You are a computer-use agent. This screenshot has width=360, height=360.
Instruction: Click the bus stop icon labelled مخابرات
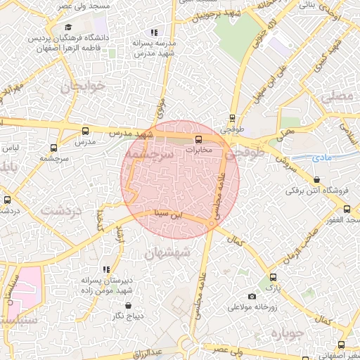click(x=198, y=139)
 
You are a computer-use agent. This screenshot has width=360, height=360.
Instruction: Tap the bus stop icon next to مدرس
click(x=86, y=131)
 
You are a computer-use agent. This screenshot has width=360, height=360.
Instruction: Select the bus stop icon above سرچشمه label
click(x=54, y=148)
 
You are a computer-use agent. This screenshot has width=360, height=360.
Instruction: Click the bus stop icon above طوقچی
click(x=233, y=118)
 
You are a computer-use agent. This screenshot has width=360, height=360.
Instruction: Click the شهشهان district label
click(x=167, y=253)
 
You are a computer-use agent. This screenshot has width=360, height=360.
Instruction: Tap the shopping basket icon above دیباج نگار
click(x=127, y=304)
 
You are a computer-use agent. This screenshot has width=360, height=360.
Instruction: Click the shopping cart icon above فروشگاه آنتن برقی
click(x=290, y=179)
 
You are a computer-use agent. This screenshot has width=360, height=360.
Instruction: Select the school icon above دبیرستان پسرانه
click(x=106, y=269)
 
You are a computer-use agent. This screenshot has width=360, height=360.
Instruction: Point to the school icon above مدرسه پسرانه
click(x=154, y=32)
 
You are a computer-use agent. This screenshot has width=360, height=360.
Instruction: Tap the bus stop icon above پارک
click(x=272, y=277)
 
